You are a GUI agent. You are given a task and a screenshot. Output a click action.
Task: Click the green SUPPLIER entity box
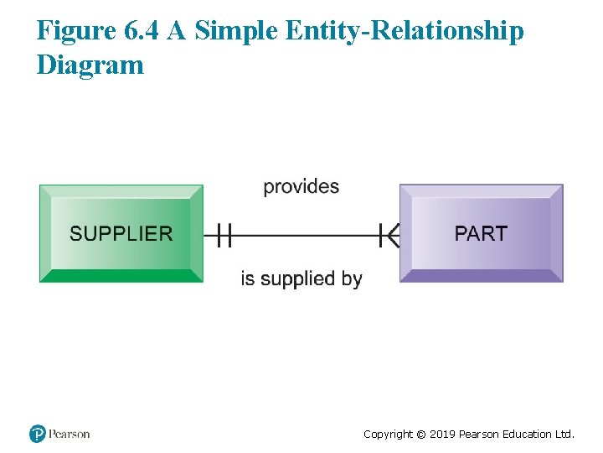[121, 233]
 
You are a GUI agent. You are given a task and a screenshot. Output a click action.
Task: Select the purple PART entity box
[481, 233]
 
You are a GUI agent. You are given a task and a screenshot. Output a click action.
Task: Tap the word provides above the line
[301, 186]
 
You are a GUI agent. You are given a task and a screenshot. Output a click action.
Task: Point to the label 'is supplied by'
[301, 279]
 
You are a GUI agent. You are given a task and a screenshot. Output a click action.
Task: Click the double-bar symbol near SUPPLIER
[223, 235]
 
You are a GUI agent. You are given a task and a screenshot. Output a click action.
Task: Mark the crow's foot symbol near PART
[388, 235]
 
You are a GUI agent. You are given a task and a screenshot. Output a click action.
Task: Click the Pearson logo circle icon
[37, 434]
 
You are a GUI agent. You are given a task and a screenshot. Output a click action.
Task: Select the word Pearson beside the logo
[69, 434]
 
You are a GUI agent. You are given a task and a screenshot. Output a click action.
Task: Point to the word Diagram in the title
[90, 65]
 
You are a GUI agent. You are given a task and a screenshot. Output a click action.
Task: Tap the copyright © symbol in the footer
[420, 434]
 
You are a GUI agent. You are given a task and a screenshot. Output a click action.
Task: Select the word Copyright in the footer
[388, 434]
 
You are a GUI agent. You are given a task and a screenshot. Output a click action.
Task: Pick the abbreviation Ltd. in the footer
[565, 434]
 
